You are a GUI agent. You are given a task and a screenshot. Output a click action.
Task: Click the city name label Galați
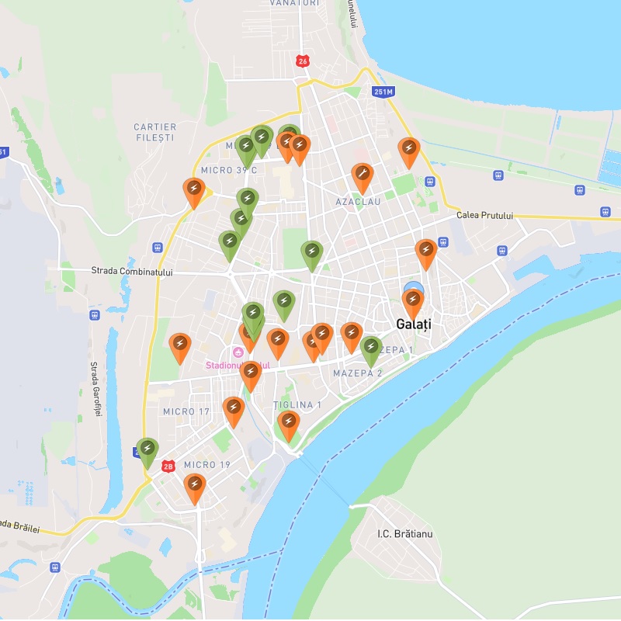coord(413,324)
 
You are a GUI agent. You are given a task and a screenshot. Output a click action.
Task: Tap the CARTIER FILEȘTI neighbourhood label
coord(155,132)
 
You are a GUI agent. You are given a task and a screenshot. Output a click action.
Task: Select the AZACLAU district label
coord(358,202)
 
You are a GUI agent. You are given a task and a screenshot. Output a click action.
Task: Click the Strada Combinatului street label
coord(131,272)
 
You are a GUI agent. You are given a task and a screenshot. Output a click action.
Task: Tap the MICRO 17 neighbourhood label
coord(186,411)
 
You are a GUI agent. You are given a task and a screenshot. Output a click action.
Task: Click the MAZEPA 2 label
coord(357,373)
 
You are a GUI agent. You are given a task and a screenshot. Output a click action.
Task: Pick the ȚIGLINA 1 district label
coord(297,405)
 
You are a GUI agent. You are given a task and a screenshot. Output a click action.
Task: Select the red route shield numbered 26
coord(302,61)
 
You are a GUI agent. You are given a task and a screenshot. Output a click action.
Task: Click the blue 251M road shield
coord(383,92)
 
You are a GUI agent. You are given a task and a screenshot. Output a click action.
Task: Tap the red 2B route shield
coord(168,466)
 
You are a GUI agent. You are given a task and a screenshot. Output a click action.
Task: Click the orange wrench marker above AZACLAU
coord(362,175)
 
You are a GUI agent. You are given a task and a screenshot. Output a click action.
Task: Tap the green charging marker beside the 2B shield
coord(147,450)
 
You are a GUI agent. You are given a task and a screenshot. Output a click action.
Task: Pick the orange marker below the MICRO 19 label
coord(195,486)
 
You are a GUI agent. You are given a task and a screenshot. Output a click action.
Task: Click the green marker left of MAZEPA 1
coord(371,349)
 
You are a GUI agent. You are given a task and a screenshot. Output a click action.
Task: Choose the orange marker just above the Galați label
coord(414,300)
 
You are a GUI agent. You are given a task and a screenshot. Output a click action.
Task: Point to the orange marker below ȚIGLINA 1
coord(289,423)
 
